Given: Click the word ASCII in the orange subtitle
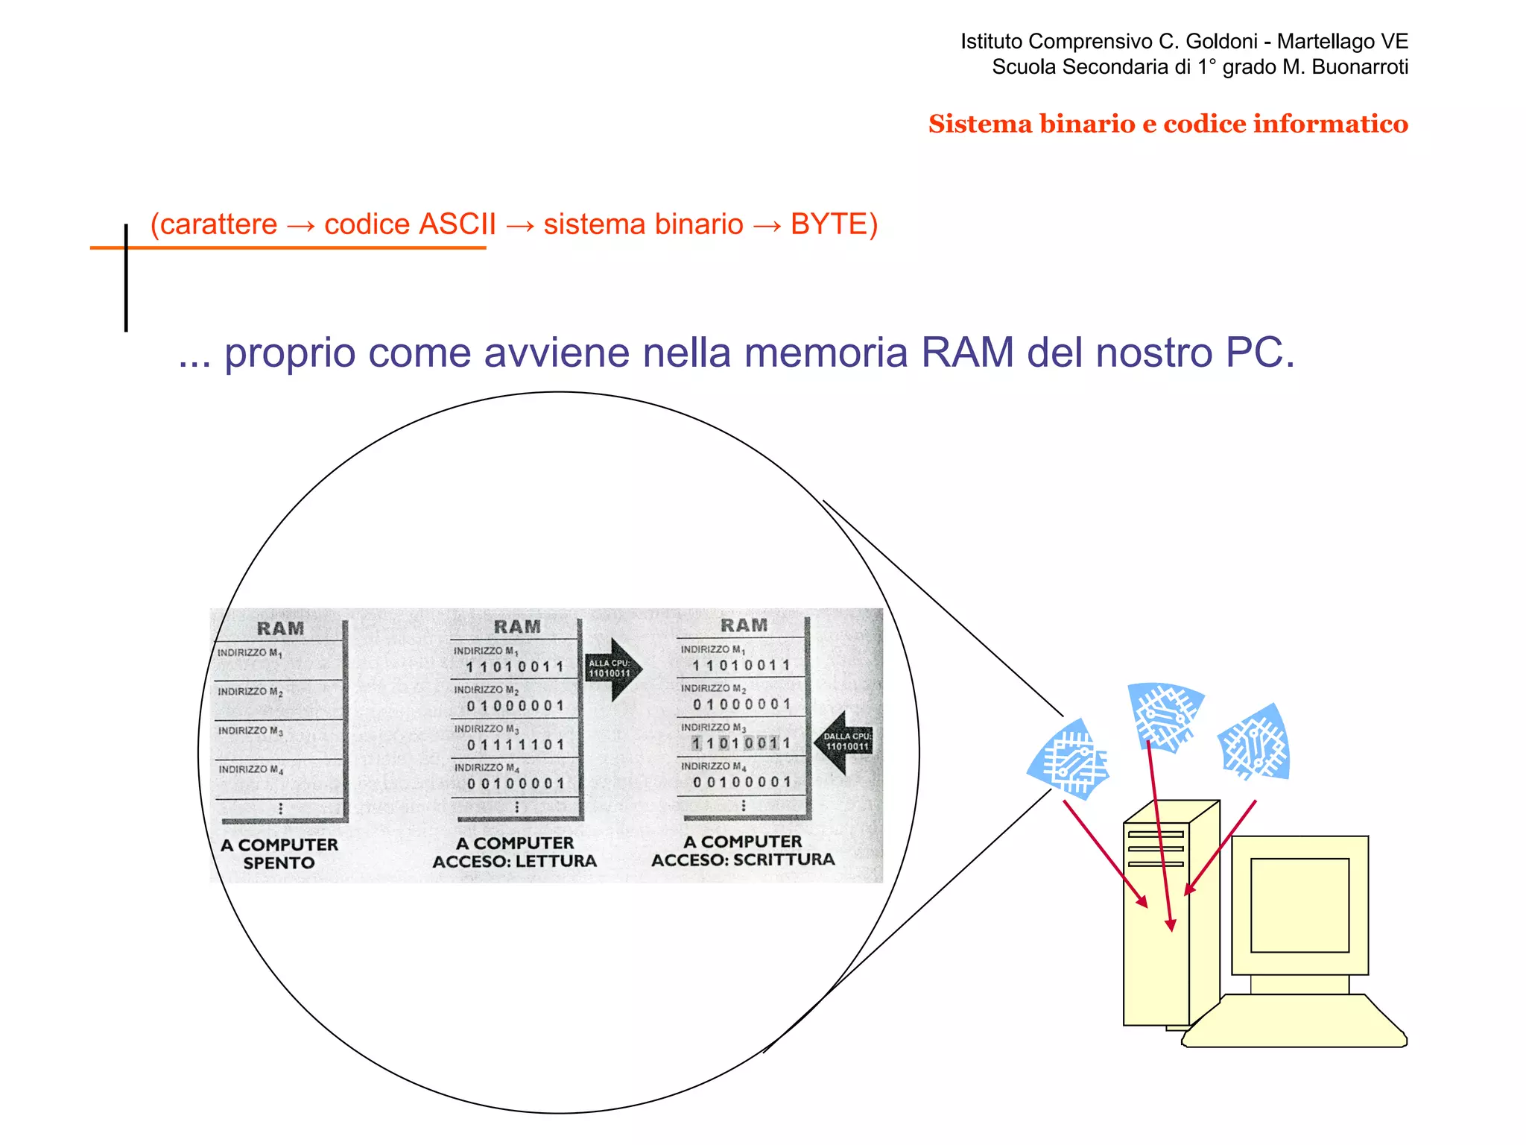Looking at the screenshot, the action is pyautogui.click(x=458, y=224).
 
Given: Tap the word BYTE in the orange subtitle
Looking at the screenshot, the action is pyautogui.click(x=829, y=224).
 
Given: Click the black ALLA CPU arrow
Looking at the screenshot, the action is pyautogui.click(x=612, y=669).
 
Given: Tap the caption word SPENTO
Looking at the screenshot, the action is pyautogui.click(x=279, y=863).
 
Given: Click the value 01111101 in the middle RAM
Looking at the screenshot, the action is pyautogui.click(x=516, y=745).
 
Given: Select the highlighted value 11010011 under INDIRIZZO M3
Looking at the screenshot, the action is pyautogui.click(x=740, y=743).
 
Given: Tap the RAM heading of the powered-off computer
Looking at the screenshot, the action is pyautogui.click(x=280, y=628).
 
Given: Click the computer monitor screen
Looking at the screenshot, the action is pyautogui.click(x=1299, y=904).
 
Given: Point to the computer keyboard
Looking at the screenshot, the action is pyautogui.click(x=1295, y=1021).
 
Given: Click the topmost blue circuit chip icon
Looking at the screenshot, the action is pyautogui.click(x=1165, y=715).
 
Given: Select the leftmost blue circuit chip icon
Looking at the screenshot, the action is pyautogui.click(x=1070, y=760).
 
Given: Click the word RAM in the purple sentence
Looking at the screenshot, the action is pyautogui.click(x=967, y=353).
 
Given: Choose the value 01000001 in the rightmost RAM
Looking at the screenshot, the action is pyautogui.click(x=741, y=704).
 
